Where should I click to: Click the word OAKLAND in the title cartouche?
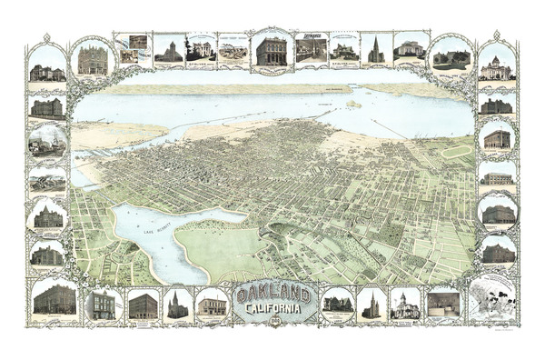pyautogui.click(x=272, y=295)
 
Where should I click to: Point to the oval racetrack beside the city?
pyautogui.click(x=455, y=151)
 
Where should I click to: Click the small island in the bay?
pyautogui.click(x=353, y=104)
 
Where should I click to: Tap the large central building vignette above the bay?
pyautogui.click(x=271, y=49)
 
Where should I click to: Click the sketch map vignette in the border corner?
pyautogui.click(x=491, y=299)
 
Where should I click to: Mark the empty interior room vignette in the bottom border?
pyautogui.click(x=443, y=303)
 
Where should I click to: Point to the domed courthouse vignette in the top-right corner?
pyautogui.click(x=498, y=64)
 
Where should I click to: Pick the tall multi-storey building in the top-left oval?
pyautogui.click(x=93, y=60)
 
